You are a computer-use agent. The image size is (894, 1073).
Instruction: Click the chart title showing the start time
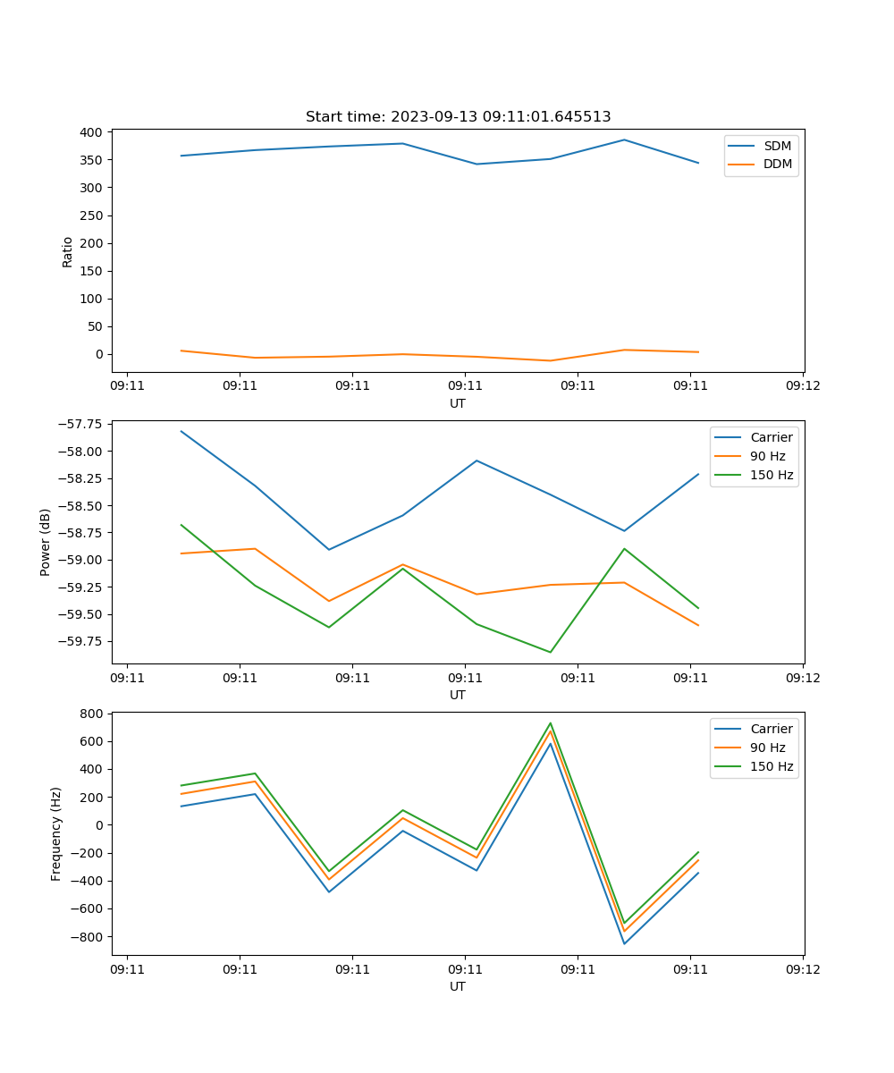point(458,117)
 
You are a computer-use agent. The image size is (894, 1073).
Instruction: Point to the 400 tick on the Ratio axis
point(92,132)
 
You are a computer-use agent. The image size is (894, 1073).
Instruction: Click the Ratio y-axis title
point(68,252)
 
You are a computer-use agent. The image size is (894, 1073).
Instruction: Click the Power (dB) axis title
point(46,542)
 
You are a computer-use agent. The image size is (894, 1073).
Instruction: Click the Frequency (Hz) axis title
point(56,833)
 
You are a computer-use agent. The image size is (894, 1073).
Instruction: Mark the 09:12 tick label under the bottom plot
point(802,968)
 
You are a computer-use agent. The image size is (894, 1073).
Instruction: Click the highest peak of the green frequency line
point(550,723)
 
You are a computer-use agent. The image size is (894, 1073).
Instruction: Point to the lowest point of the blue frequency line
point(624,943)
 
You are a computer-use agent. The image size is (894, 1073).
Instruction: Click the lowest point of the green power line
point(550,652)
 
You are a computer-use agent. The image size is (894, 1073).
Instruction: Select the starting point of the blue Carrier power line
point(181,431)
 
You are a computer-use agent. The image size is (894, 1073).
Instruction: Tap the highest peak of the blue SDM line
point(624,139)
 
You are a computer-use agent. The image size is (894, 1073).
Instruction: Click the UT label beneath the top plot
point(458,403)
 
